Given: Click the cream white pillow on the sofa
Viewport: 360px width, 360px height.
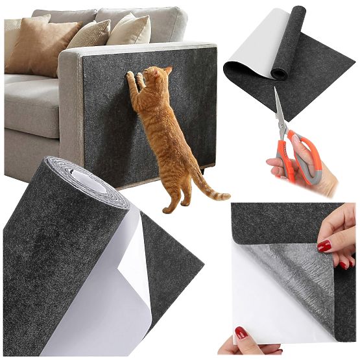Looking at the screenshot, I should click(x=130, y=30).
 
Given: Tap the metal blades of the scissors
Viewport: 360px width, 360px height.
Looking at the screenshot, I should click(x=280, y=111).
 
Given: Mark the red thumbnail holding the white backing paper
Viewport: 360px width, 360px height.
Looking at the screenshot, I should click(x=241, y=333).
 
